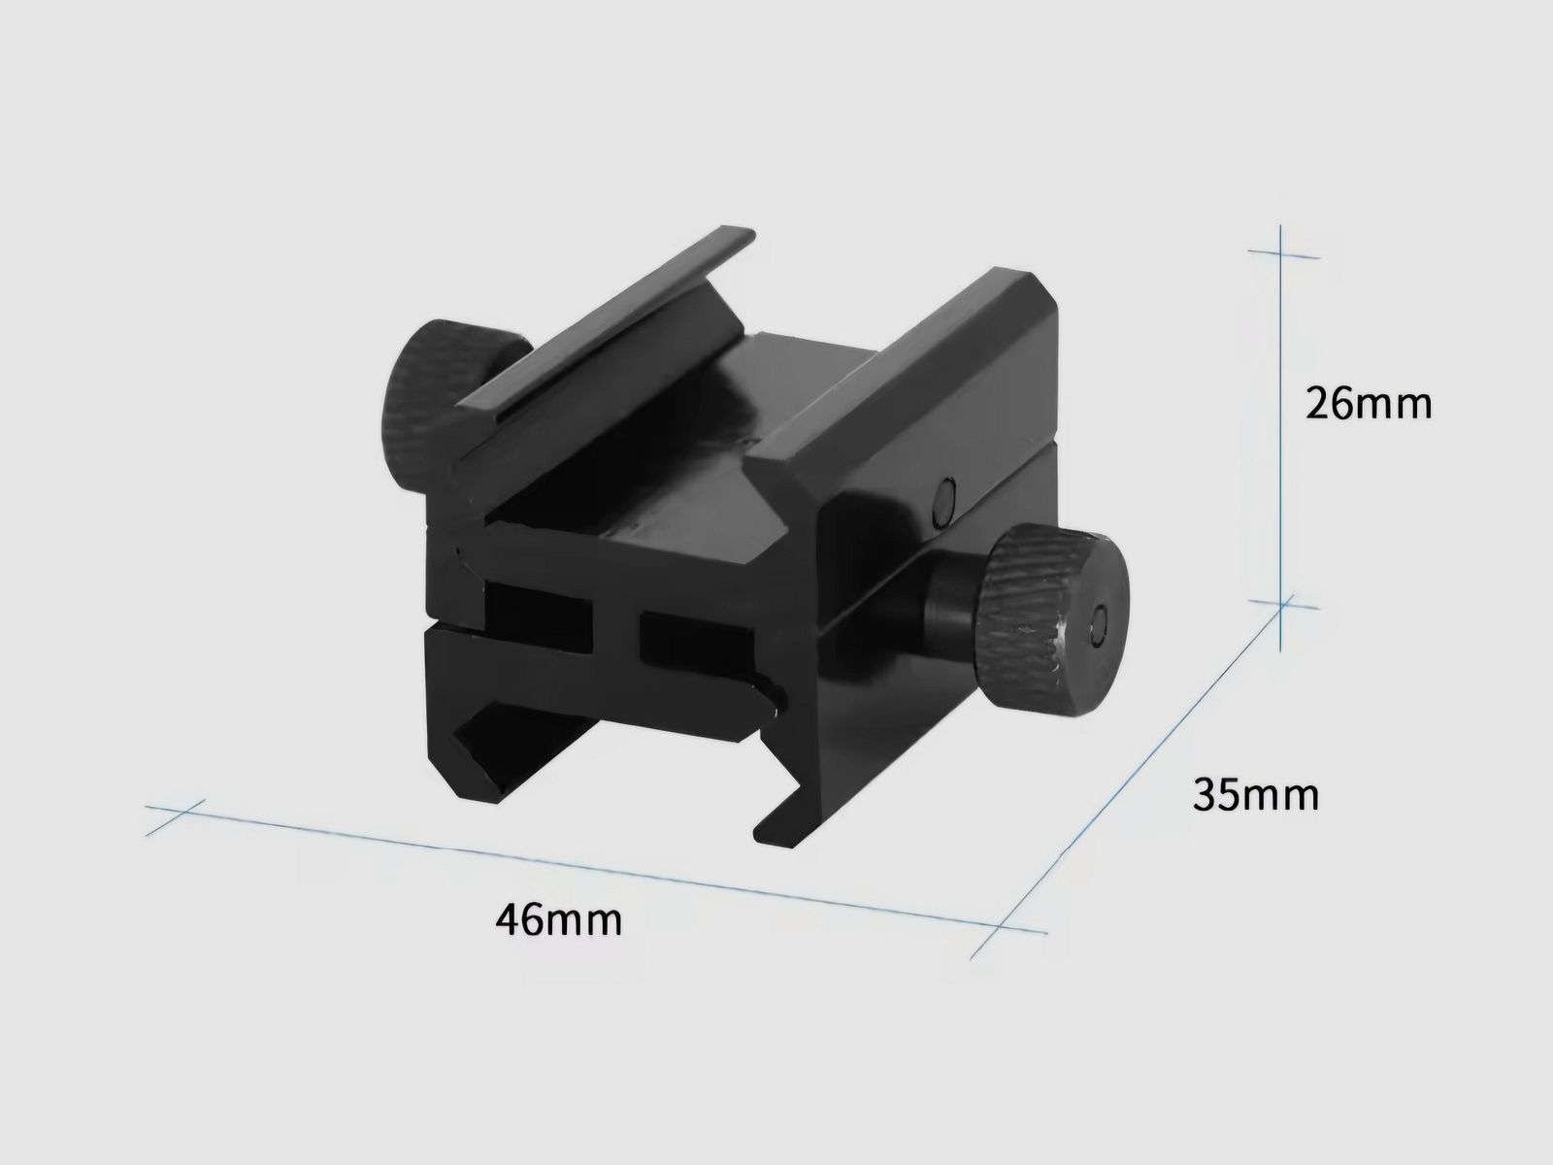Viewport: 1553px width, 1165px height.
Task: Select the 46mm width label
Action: [558, 917]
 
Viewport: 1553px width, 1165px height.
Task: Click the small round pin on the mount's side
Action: [941, 502]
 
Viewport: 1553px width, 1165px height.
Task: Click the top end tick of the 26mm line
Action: [1281, 254]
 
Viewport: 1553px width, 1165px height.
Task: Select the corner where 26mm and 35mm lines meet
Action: [1284, 605]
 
